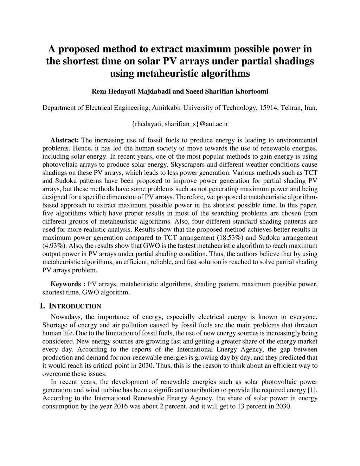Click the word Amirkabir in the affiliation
click(167, 108)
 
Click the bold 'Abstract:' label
click(65, 140)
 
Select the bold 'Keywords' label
click(66, 284)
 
